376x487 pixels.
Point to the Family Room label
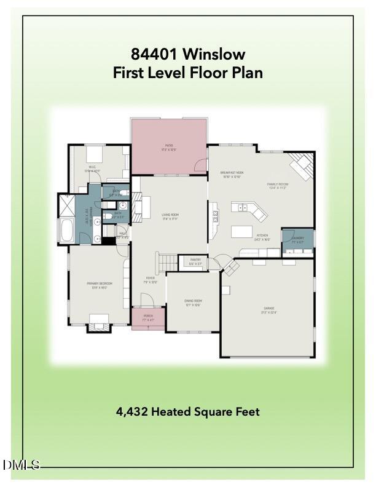coord(278,186)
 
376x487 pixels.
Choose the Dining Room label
coord(194,303)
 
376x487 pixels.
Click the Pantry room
coord(195,262)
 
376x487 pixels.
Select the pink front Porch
coord(148,320)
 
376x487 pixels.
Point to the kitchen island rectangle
coord(244,232)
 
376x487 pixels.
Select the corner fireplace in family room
coord(303,164)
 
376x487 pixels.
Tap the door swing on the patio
coord(201,165)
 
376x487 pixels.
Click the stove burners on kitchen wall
coord(215,215)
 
